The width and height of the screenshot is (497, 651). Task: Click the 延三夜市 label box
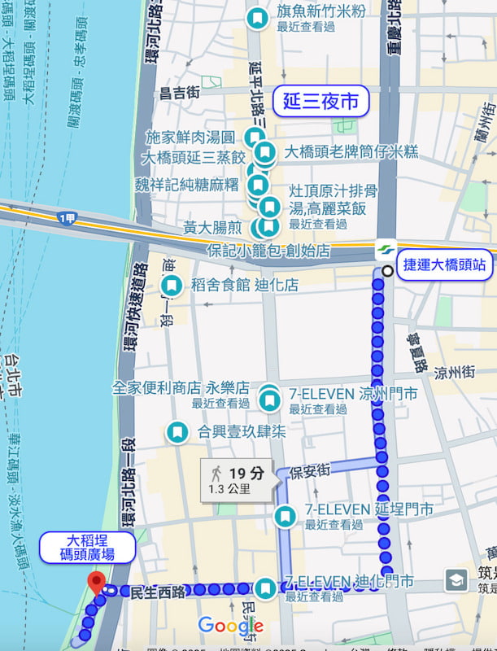pyautogui.click(x=320, y=102)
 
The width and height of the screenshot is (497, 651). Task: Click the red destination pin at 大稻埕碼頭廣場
pyautogui.click(x=97, y=583)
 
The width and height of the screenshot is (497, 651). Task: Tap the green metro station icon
pyautogui.click(x=385, y=249)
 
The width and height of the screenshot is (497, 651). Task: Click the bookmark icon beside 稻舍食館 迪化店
pyautogui.click(x=172, y=286)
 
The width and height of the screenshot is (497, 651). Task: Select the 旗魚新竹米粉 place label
pyautogui.click(x=320, y=11)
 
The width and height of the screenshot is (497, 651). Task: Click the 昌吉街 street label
pyautogui.click(x=180, y=93)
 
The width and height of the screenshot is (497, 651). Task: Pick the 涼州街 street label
pyautogui.click(x=455, y=373)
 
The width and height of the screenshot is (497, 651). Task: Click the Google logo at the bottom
pyautogui.click(x=230, y=626)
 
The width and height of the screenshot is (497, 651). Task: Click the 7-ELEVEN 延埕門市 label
pyautogui.click(x=368, y=510)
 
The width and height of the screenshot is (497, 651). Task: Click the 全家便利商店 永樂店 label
pyautogui.click(x=181, y=388)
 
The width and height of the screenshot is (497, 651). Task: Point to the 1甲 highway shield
pyautogui.click(x=68, y=218)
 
